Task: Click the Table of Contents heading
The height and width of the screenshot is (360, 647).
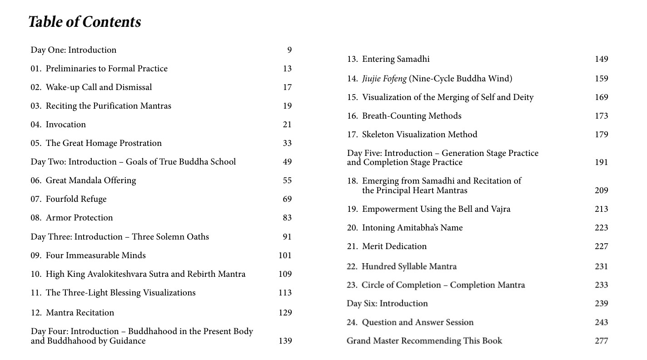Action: coord(85,22)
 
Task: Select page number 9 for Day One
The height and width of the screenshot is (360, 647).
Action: coord(289,50)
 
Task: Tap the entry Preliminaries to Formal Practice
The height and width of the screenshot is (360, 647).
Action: coord(106,69)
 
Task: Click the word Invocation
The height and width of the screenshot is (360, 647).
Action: coord(65,125)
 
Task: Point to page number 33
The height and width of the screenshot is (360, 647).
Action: coord(287,143)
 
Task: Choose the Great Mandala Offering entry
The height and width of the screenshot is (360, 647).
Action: coord(90,180)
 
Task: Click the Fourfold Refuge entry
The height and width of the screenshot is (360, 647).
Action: coord(76,199)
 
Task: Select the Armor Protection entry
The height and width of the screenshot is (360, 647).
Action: coord(79,218)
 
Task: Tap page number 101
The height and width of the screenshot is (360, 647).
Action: coord(285,255)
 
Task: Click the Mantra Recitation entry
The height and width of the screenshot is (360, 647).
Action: coord(80,313)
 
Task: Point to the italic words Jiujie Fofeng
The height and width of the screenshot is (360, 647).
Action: coord(384,79)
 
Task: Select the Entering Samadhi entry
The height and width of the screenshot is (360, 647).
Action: coord(395,59)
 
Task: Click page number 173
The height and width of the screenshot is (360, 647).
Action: coord(601,116)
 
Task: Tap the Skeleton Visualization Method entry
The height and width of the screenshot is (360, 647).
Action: coord(419,135)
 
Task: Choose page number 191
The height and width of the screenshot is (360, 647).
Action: coord(601,162)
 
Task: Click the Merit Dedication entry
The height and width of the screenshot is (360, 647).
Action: coord(394,246)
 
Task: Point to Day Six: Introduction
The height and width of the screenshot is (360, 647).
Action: coord(387,304)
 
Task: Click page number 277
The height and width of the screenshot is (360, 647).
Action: coord(601,341)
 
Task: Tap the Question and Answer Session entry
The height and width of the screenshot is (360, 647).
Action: coord(417,322)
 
